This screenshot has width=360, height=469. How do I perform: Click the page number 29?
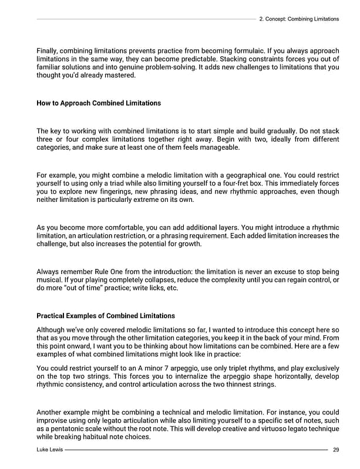click(x=335, y=450)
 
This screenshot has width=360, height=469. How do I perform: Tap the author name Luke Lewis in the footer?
click(x=49, y=450)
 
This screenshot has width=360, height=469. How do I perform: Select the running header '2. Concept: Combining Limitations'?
click(x=298, y=19)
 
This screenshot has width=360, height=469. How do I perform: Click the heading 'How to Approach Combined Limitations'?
click(x=98, y=103)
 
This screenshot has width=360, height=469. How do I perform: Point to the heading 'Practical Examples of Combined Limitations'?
click(x=106, y=316)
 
